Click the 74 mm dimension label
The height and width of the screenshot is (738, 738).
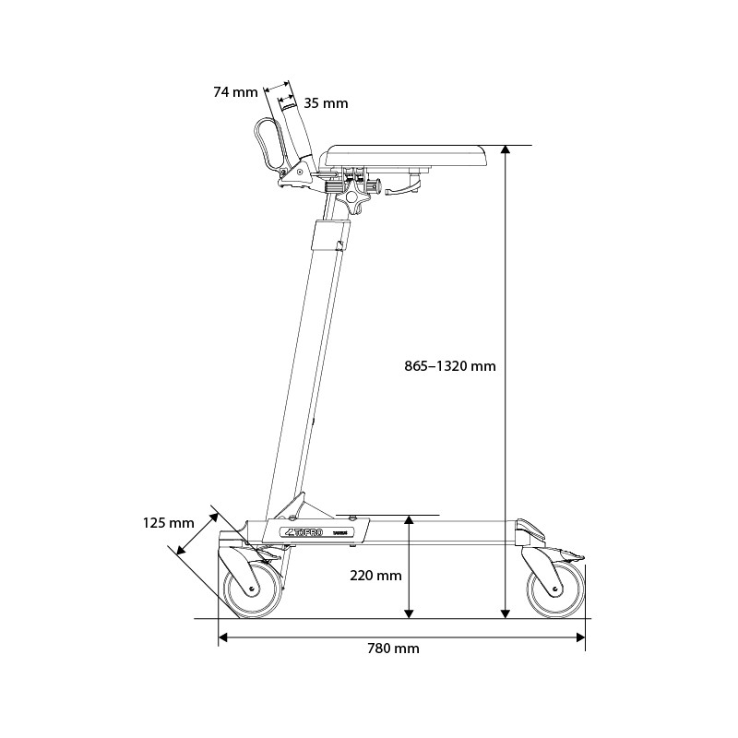pos(234,91)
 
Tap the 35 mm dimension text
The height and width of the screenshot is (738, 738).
pos(326,103)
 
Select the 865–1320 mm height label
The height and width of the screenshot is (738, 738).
pos(450,365)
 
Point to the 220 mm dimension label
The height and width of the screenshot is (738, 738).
pos(375,576)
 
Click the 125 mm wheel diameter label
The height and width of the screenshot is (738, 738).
pos(168,523)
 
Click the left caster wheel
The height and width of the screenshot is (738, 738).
pos(251,589)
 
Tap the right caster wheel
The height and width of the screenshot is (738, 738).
pos(553,589)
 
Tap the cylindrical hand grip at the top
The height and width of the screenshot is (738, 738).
pos(295,129)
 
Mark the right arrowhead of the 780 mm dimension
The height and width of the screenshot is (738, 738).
pos(581,636)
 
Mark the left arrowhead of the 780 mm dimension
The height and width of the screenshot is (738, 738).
pos(223,636)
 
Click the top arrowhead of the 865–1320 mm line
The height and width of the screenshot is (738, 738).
pos(506,150)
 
